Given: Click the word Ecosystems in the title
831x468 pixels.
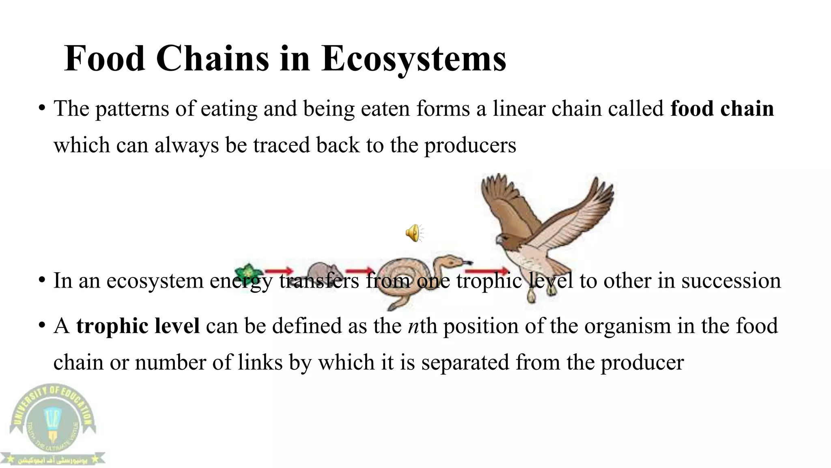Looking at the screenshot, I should click(414, 59).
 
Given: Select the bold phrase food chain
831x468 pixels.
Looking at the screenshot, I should click(722, 109).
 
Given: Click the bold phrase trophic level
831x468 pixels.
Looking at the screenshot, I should click(138, 326).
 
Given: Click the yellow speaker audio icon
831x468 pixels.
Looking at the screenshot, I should click(413, 233).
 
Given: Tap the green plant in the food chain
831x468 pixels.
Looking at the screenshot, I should click(247, 271).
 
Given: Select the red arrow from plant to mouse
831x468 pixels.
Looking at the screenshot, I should click(279, 271).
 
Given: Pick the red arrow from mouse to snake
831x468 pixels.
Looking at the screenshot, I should click(359, 271).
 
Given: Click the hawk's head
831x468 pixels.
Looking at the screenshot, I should click(506, 240).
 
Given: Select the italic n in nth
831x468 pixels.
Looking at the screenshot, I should click(413, 326).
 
